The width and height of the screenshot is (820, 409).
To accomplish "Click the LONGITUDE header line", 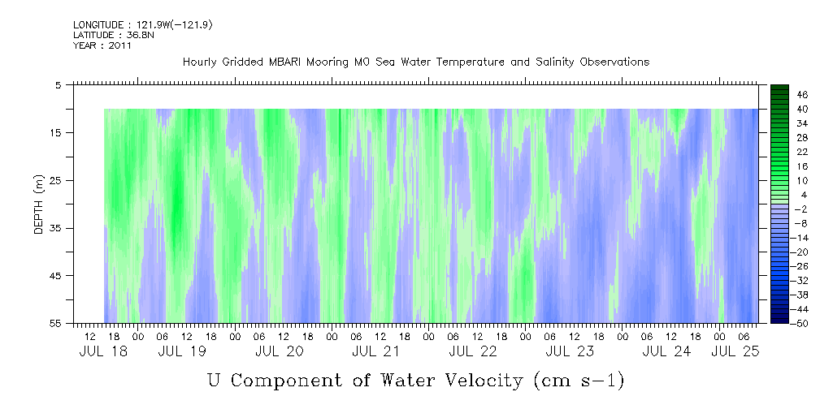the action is point(143,24).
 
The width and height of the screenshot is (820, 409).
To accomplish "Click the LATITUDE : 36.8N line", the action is point(114,35).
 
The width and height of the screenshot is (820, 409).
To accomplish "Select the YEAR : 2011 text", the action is point(102,45).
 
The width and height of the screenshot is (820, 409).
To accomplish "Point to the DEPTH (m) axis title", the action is point(39,204).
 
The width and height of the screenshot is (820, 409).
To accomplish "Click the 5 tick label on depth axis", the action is point(57,84).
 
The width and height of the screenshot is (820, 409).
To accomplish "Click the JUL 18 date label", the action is point(103,351).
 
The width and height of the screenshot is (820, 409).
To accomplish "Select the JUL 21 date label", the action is point(375,351).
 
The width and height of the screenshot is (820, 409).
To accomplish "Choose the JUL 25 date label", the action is point(735,351).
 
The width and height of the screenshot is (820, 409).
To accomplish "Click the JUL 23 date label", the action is point(570,351).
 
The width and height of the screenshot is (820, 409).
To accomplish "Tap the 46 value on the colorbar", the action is point(803,95).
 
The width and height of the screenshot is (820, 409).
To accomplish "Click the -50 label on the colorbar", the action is point(800,324).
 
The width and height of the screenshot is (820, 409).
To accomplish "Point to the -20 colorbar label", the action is point(800,252).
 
